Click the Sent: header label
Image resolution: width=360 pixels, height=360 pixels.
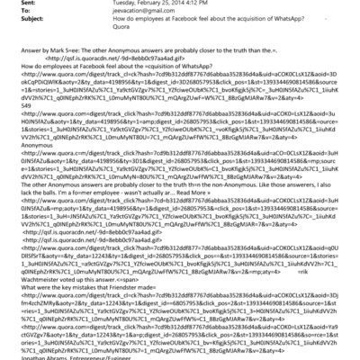pos(15,5)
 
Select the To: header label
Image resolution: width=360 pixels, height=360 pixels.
pos(13,14)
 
